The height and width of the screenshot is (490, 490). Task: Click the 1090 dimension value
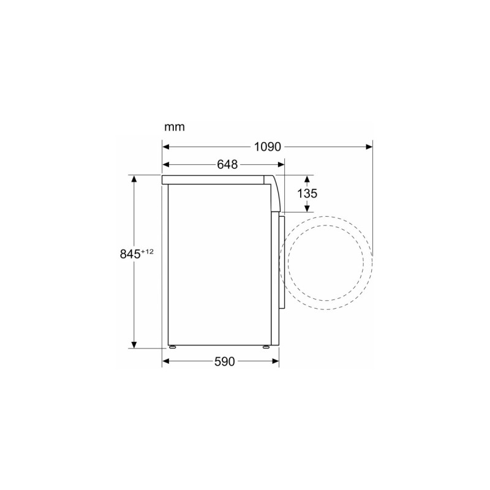[x=267, y=147]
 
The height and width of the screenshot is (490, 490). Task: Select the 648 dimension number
[x=227, y=165]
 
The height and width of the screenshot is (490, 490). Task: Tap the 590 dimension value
[x=224, y=362]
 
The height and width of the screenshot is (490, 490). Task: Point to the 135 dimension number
[x=307, y=194]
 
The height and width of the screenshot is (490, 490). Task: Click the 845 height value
[x=131, y=254]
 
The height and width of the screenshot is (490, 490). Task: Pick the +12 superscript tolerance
[x=147, y=251]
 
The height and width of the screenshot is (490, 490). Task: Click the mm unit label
[x=174, y=128]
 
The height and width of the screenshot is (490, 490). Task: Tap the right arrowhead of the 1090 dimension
[x=368, y=147]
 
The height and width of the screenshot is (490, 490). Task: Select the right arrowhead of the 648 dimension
[x=281, y=165]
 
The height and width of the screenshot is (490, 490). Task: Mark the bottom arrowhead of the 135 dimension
[x=307, y=209]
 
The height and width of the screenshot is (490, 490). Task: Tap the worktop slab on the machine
[x=214, y=179]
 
